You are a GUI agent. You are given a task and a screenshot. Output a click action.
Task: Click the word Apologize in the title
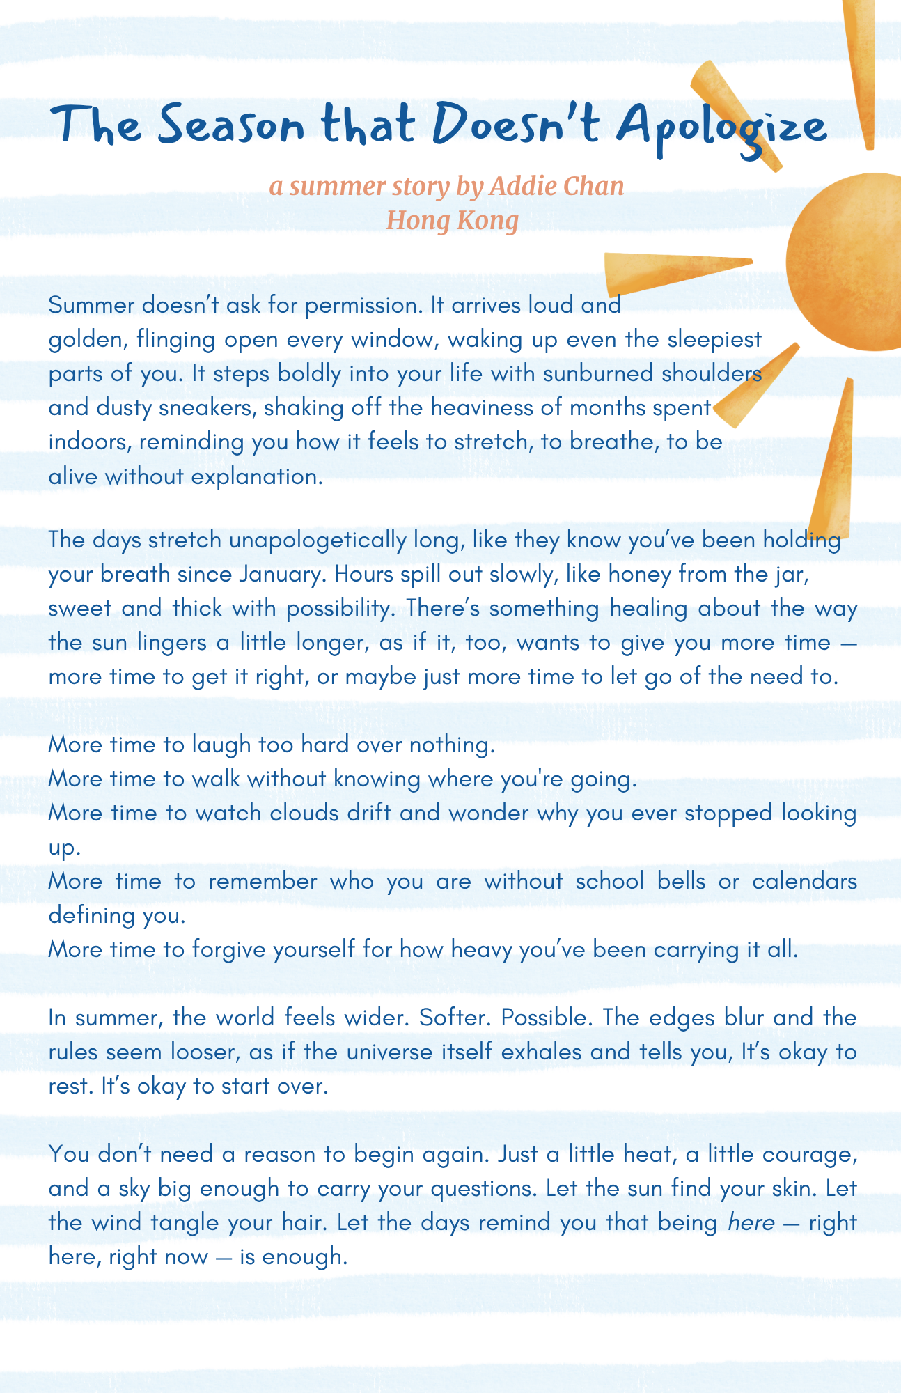pyautogui.click(x=721, y=127)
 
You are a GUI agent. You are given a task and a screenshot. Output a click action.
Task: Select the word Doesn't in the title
pyautogui.click(x=515, y=125)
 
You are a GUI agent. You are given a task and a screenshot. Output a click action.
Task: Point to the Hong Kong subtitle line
pyautogui.click(x=453, y=220)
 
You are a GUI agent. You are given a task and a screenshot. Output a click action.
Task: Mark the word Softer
pyautogui.click(x=454, y=1018)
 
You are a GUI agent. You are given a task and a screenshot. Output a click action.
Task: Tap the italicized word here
pyautogui.click(x=748, y=1223)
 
